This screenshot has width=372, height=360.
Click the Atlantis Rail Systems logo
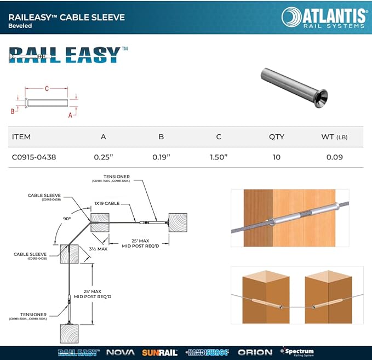pyautogui.click(x=323, y=17)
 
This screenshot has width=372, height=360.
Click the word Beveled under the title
pyautogui.click(x=21, y=26)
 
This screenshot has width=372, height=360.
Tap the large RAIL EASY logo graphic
pyautogui.click(x=65, y=54)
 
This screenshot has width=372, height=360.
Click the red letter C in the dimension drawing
pyautogui.click(x=47, y=88)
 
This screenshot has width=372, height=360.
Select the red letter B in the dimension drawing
pyautogui.click(x=12, y=111)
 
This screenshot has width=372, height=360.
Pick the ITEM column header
pyautogui.click(x=21, y=136)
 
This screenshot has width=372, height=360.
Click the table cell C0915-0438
pyautogui.click(x=34, y=157)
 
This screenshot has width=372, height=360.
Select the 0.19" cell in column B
pyautogui.click(x=161, y=157)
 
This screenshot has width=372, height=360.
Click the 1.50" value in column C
pyautogui.click(x=219, y=157)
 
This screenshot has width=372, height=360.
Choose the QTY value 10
pyautogui.click(x=276, y=157)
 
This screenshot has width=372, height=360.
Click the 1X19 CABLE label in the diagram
pyautogui.click(x=107, y=203)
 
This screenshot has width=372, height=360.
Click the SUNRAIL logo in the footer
pyautogui.click(x=160, y=352)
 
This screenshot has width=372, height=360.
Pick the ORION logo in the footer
pyautogui.click(x=255, y=352)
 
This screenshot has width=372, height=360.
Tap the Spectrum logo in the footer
pyautogui.click(x=297, y=352)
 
